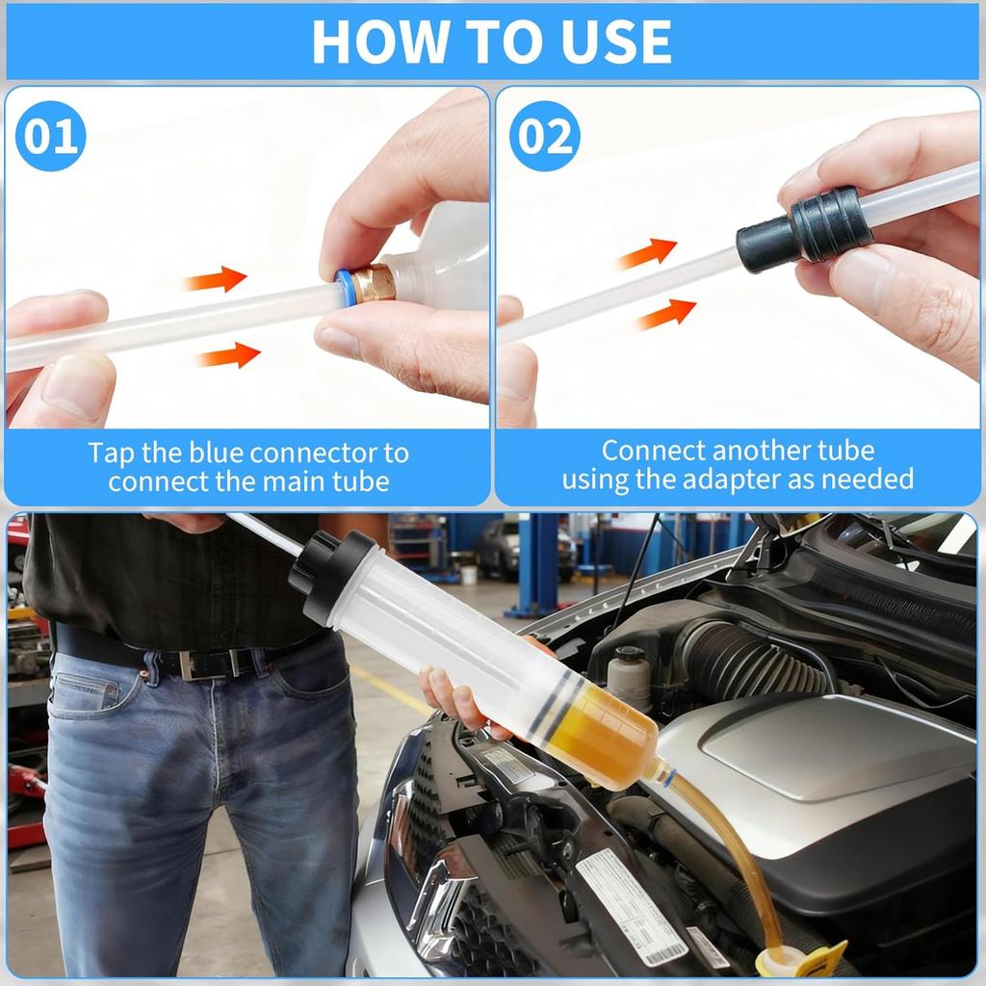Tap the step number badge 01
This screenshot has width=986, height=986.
point(50,136)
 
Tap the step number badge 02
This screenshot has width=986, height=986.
point(545,136)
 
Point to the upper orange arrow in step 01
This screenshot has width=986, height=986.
point(216,279)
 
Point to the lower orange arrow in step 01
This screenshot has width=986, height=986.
point(228,355)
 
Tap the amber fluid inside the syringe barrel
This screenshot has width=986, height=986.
point(607,737)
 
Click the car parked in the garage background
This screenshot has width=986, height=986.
point(525,548)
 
